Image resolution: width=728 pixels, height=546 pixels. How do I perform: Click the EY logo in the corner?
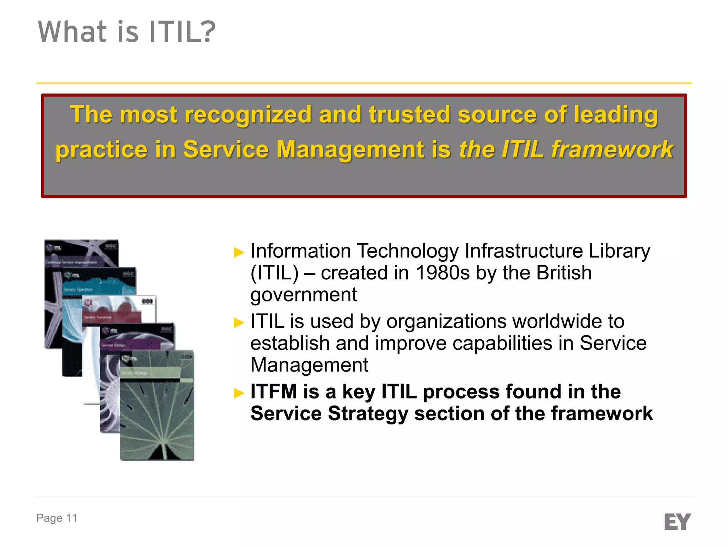click(677, 521)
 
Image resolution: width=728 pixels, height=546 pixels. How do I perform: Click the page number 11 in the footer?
click(71, 518)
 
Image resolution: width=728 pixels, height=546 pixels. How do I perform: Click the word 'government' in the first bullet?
click(304, 295)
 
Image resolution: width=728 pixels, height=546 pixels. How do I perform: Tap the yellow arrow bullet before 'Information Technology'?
click(239, 252)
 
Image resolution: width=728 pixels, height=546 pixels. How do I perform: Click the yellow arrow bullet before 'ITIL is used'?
click(239, 323)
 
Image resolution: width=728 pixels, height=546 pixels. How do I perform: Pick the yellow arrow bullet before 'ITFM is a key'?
click(239, 393)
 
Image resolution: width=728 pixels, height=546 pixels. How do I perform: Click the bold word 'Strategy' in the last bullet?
click(368, 414)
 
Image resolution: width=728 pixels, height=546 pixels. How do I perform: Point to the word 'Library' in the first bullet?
click(619, 251)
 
